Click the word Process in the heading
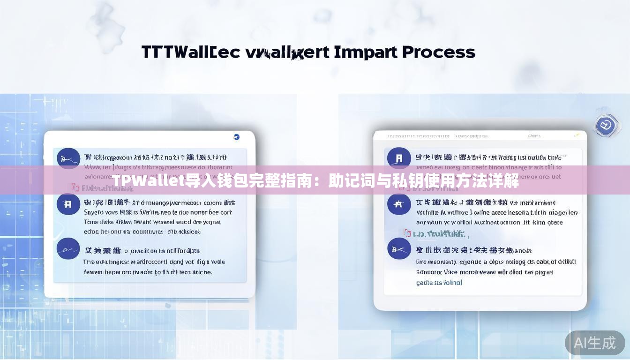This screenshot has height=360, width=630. (438, 52)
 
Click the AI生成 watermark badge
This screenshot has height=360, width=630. (595, 343)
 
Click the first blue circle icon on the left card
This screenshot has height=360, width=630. (68, 158)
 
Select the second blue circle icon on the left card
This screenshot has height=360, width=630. (68, 204)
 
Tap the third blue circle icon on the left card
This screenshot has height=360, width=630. (68, 249)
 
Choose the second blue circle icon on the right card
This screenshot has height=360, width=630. (399, 204)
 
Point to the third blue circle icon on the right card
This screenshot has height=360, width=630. (399, 248)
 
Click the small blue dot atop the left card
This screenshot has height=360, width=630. (236, 137)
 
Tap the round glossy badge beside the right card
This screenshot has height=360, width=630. (607, 126)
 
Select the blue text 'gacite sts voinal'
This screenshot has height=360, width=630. (439, 283)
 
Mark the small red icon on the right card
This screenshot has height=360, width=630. (407, 233)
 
